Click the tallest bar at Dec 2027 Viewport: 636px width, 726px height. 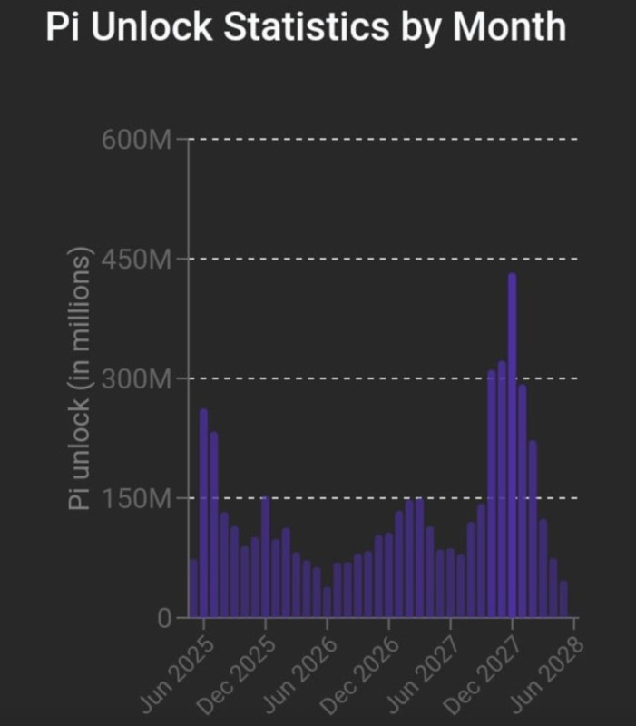(x=512, y=445)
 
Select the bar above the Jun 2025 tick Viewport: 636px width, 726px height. (x=203, y=513)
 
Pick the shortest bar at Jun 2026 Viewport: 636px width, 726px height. (x=327, y=602)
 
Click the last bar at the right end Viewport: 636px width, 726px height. (x=563, y=599)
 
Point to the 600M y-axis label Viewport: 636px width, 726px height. (x=136, y=140)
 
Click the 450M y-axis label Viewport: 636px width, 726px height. (x=136, y=260)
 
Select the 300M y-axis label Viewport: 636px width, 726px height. (x=136, y=379)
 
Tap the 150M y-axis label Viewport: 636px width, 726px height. (x=136, y=499)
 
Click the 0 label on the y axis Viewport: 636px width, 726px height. (x=164, y=618)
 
